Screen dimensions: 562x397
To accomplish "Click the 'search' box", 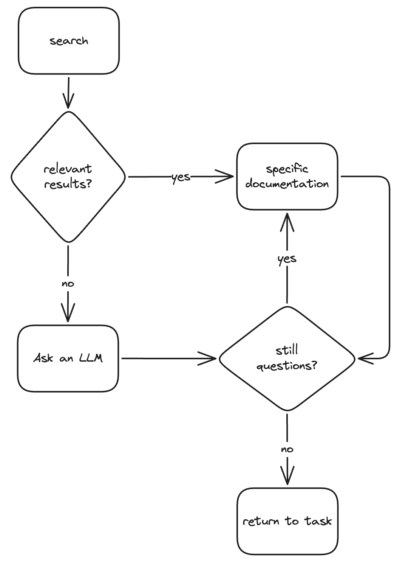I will pos(69,41).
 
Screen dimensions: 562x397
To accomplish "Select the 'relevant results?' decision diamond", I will pos(68,177).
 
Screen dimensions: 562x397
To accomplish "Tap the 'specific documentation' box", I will pos(287,176).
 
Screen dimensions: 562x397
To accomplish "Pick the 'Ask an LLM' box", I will pos(68,358).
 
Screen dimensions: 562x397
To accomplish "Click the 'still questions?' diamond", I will pos(287,358).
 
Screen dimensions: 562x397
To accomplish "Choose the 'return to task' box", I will pos(287,521).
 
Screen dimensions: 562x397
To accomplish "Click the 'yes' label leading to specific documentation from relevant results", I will pos(181,177).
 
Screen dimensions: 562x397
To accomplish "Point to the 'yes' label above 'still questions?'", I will pos(287,259).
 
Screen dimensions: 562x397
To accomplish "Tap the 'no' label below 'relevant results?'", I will pos(68,284).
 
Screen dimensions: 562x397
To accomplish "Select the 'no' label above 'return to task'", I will pos(287,449).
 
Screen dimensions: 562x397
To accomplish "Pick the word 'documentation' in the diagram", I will pos(287,184).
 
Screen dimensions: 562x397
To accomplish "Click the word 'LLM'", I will pos(91,358).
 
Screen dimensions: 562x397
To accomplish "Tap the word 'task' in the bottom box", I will pos(318,521).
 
